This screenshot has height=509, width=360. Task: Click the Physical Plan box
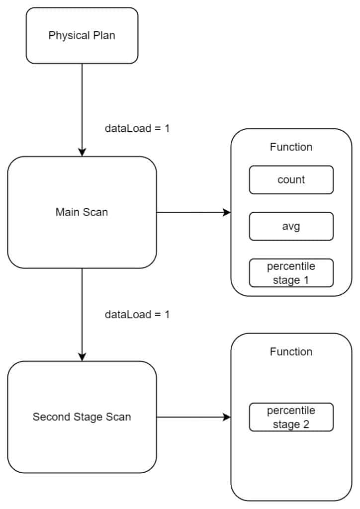[82, 36]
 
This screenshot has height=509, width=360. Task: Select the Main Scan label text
[82, 212]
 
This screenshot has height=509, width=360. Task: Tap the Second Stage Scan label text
[82, 417]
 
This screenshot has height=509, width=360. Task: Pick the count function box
[291, 179]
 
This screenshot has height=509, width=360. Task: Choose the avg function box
[291, 226]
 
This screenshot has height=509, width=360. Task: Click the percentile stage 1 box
[291, 273]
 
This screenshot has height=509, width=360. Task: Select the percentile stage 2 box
[291, 417]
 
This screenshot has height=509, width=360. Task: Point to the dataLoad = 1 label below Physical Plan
[137, 128]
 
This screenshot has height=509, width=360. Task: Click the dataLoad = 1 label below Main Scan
[137, 315]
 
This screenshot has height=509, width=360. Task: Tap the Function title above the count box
[291, 147]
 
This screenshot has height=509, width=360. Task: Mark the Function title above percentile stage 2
[291, 352]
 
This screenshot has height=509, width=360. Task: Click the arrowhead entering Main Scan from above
[82, 152]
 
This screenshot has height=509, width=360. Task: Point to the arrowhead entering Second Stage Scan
[82, 357]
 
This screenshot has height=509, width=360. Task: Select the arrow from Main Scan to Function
[194, 213]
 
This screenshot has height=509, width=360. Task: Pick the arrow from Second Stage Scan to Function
[194, 417]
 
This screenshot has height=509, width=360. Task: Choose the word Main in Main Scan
[66, 212]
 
